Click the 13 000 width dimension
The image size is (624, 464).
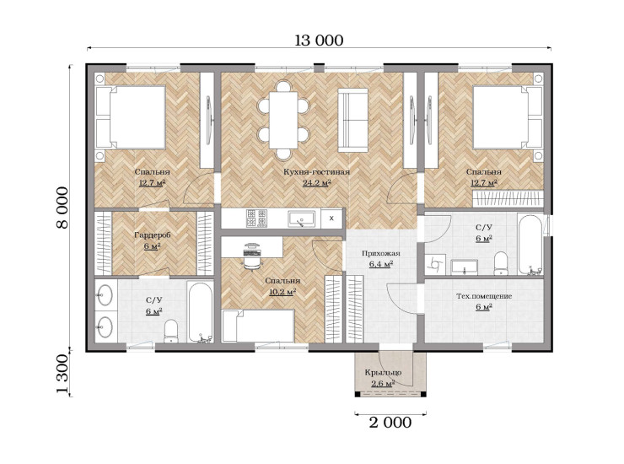pos(319,40)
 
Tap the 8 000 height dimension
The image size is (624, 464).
pos(62,208)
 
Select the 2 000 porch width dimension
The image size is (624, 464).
pos(390,423)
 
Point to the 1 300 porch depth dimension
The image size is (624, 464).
pos(62,374)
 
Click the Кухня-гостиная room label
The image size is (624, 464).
pos(317,172)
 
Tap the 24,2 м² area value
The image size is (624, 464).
pos(317,183)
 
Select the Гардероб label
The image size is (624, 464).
pos(153,235)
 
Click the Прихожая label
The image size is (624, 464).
pos(381,253)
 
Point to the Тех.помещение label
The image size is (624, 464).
pos(484,296)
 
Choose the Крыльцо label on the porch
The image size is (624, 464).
pos(383,373)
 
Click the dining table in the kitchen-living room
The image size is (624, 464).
pos(283,120)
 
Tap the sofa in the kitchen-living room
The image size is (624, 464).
pos(353,120)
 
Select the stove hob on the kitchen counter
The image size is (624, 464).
pos(256,219)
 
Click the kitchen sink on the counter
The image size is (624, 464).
pos(301,219)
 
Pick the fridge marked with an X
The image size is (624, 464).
pos(331,219)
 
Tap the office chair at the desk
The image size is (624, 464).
pos(251,256)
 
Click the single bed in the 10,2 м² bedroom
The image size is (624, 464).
pos(258,326)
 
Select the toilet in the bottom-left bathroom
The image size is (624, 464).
pos(171,331)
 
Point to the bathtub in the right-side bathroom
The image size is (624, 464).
pos(530,245)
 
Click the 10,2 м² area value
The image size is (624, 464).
pos(282,292)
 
